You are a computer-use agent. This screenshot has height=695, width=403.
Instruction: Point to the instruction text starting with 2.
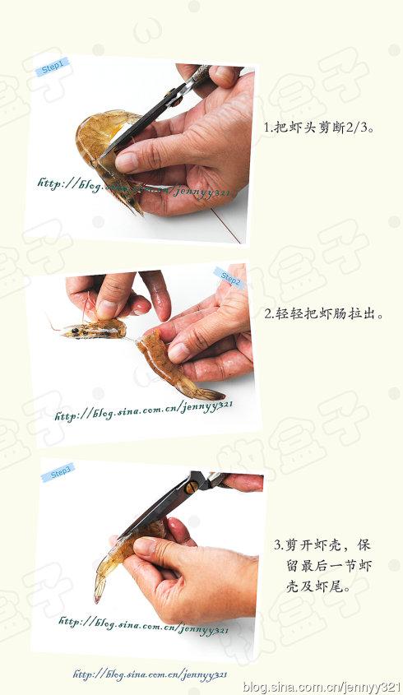tap(325, 314)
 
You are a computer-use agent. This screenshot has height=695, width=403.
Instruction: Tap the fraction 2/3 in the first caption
tap(353, 128)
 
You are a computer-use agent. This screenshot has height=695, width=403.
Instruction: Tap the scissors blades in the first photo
tap(136, 127)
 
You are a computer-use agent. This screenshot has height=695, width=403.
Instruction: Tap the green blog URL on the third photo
tap(143, 626)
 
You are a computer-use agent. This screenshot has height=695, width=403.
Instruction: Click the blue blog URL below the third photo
tap(149, 674)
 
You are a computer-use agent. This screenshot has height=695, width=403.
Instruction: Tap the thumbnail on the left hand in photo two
tap(107, 308)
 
